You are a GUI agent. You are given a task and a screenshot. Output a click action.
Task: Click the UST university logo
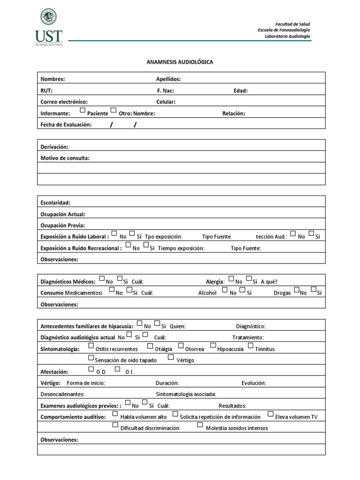click(48, 27)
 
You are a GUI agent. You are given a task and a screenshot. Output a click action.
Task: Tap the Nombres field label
click(52, 79)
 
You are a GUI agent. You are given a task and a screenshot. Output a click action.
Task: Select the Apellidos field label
click(168, 79)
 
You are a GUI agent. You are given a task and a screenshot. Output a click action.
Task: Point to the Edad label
click(240, 90)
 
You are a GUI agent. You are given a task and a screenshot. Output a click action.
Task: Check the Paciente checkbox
click(82, 111)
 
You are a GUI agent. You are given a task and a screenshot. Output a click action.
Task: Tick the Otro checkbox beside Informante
click(113, 111)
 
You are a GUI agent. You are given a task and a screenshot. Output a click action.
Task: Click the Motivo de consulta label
click(65, 158)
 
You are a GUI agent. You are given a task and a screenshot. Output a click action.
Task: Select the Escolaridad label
click(55, 202)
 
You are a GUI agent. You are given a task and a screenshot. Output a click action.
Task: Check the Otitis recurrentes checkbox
click(91, 346)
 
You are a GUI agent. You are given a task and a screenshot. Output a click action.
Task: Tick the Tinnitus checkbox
click(251, 346)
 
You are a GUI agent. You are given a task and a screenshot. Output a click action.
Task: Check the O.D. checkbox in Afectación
click(91, 369)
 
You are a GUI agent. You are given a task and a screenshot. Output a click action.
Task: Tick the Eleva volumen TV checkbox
click(270, 414)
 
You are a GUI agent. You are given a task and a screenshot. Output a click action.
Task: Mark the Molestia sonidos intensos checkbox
click(200, 425)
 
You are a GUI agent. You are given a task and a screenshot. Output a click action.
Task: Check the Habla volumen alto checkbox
click(115, 414)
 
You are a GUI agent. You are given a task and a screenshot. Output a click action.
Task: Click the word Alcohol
click(207, 293)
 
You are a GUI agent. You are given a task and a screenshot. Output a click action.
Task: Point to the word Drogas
click(282, 293)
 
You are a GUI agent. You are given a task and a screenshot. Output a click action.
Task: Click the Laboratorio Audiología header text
click(287, 37)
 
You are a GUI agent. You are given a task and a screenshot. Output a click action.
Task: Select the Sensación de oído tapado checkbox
click(91, 358)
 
